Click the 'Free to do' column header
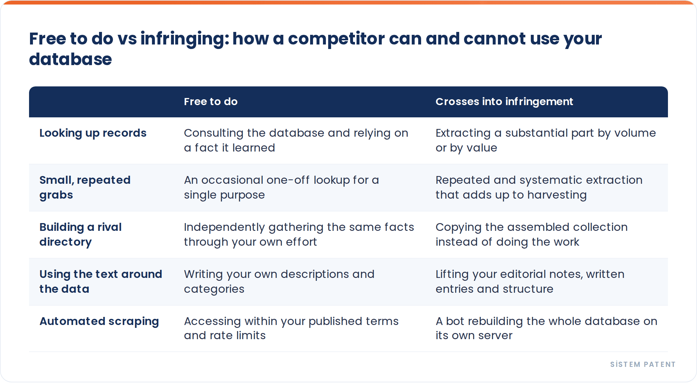(211, 102)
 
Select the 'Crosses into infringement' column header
(504, 102)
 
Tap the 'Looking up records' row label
(93, 133)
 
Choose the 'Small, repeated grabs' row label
(85, 187)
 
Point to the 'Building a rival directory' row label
(80, 234)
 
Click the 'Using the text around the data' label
(101, 281)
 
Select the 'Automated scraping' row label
(99, 321)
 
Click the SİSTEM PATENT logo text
(643, 364)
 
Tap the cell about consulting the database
(296, 140)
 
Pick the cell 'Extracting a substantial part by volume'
(546, 140)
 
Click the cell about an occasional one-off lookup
(281, 187)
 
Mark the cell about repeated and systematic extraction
(539, 187)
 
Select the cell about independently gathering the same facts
(299, 234)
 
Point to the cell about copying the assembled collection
(531, 234)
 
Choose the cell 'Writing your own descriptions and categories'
(279, 281)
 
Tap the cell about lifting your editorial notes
(530, 281)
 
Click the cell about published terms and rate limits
(291, 328)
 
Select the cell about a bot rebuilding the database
(546, 328)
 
